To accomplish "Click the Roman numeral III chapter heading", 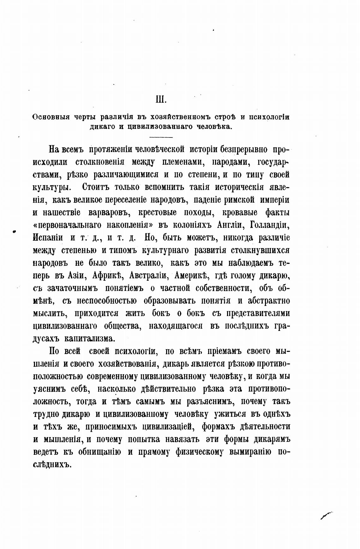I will pos(161,100).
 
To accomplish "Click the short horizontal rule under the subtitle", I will pos(161,137).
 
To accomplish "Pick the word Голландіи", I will pos(269,225).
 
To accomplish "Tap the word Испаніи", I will pos(48,237).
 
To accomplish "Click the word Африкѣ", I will pos(107,275).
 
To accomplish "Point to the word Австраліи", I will pos(148,275).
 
